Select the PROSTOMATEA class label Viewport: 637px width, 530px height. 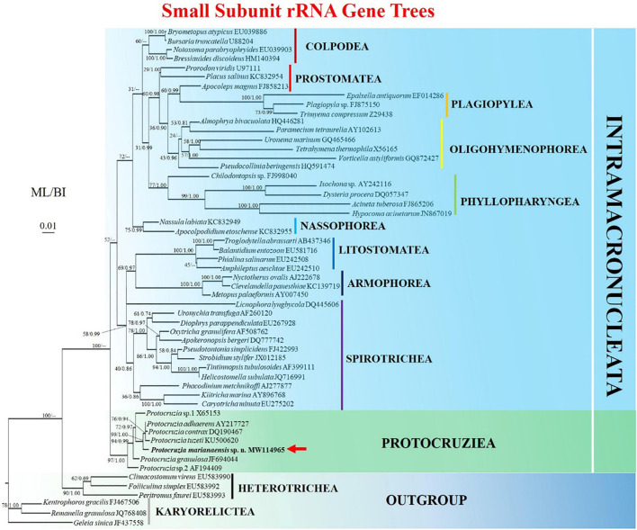pyautogui.click(x=337, y=78)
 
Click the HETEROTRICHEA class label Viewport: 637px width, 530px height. pyautogui.click(x=287, y=489)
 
